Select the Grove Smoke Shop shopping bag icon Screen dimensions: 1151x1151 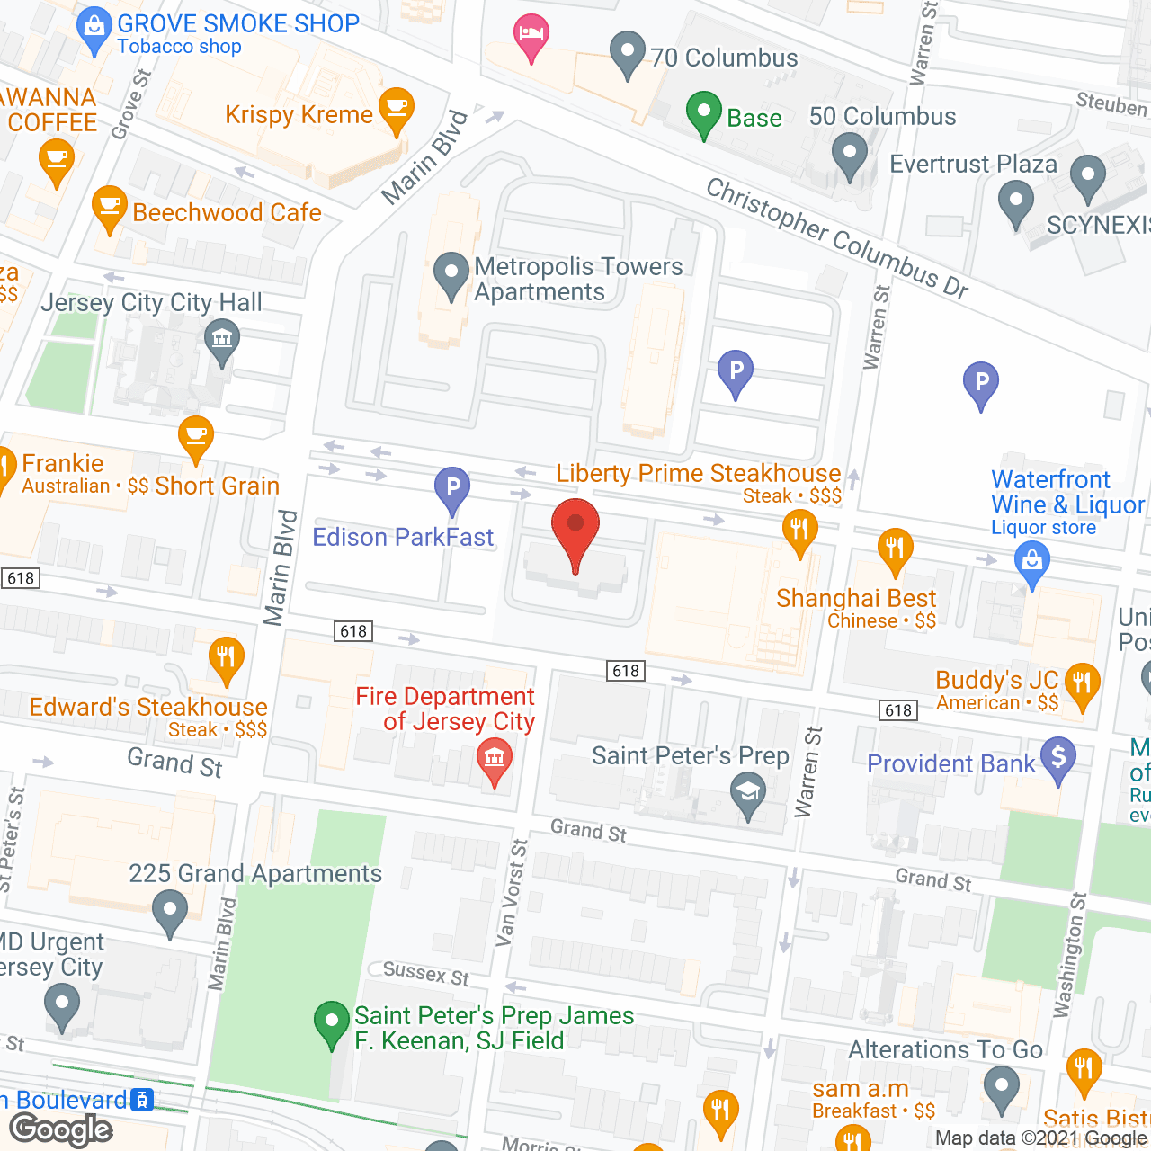point(94,29)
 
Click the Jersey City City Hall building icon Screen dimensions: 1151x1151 point(221,340)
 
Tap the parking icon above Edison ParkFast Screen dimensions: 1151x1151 point(452,487)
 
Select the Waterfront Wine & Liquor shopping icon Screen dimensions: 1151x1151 point(1032,562)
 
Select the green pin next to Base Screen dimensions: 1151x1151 point(704,113)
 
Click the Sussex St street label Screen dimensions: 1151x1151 point(425,973)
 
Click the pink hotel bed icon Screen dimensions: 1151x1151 point(531,36)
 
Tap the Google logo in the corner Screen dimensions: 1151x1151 point(61,1129)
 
